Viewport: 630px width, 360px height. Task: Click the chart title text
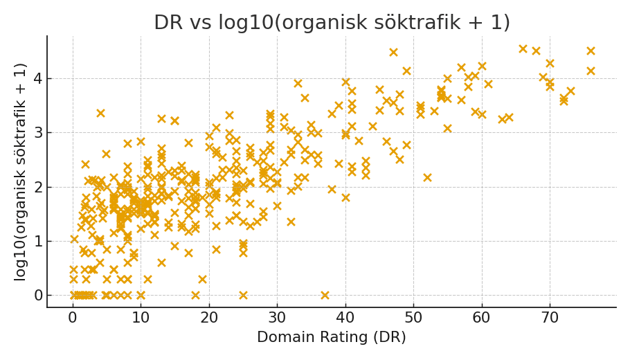pyautogui.click(x=332, y=23)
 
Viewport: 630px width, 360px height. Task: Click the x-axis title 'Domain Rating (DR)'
pyautogui.click(x=332, y=338)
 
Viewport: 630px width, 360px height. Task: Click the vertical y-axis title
pyautogui.click(x=21, y=172)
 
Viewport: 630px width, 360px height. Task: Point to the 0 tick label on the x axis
pyautogui.click(x=73, y=318)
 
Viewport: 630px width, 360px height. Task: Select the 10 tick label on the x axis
pyautogui.click(x=141, y=318)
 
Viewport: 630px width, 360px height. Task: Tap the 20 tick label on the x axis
pyautogui.click(x=209, y=318)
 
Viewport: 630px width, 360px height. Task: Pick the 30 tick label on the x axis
pyautogui.click(x=277, y=318)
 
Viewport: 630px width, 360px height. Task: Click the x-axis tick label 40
pyautogui.click(x=345, y=318)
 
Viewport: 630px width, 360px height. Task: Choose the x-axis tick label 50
pyautogui.click(x=413, y=318)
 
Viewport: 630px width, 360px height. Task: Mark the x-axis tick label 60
pyautogui.click(x=482, y=318)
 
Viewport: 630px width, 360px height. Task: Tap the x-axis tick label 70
pyautogui.click(x=550, y=318)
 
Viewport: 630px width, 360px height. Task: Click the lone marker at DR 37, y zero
pyautogui.click(x=325, y=295)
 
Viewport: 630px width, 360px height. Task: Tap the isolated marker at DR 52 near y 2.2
pyautogui.click(x=427, y=177)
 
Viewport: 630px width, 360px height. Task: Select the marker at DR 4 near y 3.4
pyautogui.click(x=100, y=113)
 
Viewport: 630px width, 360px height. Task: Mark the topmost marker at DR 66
pyautogui.click(x=523, y=49)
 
